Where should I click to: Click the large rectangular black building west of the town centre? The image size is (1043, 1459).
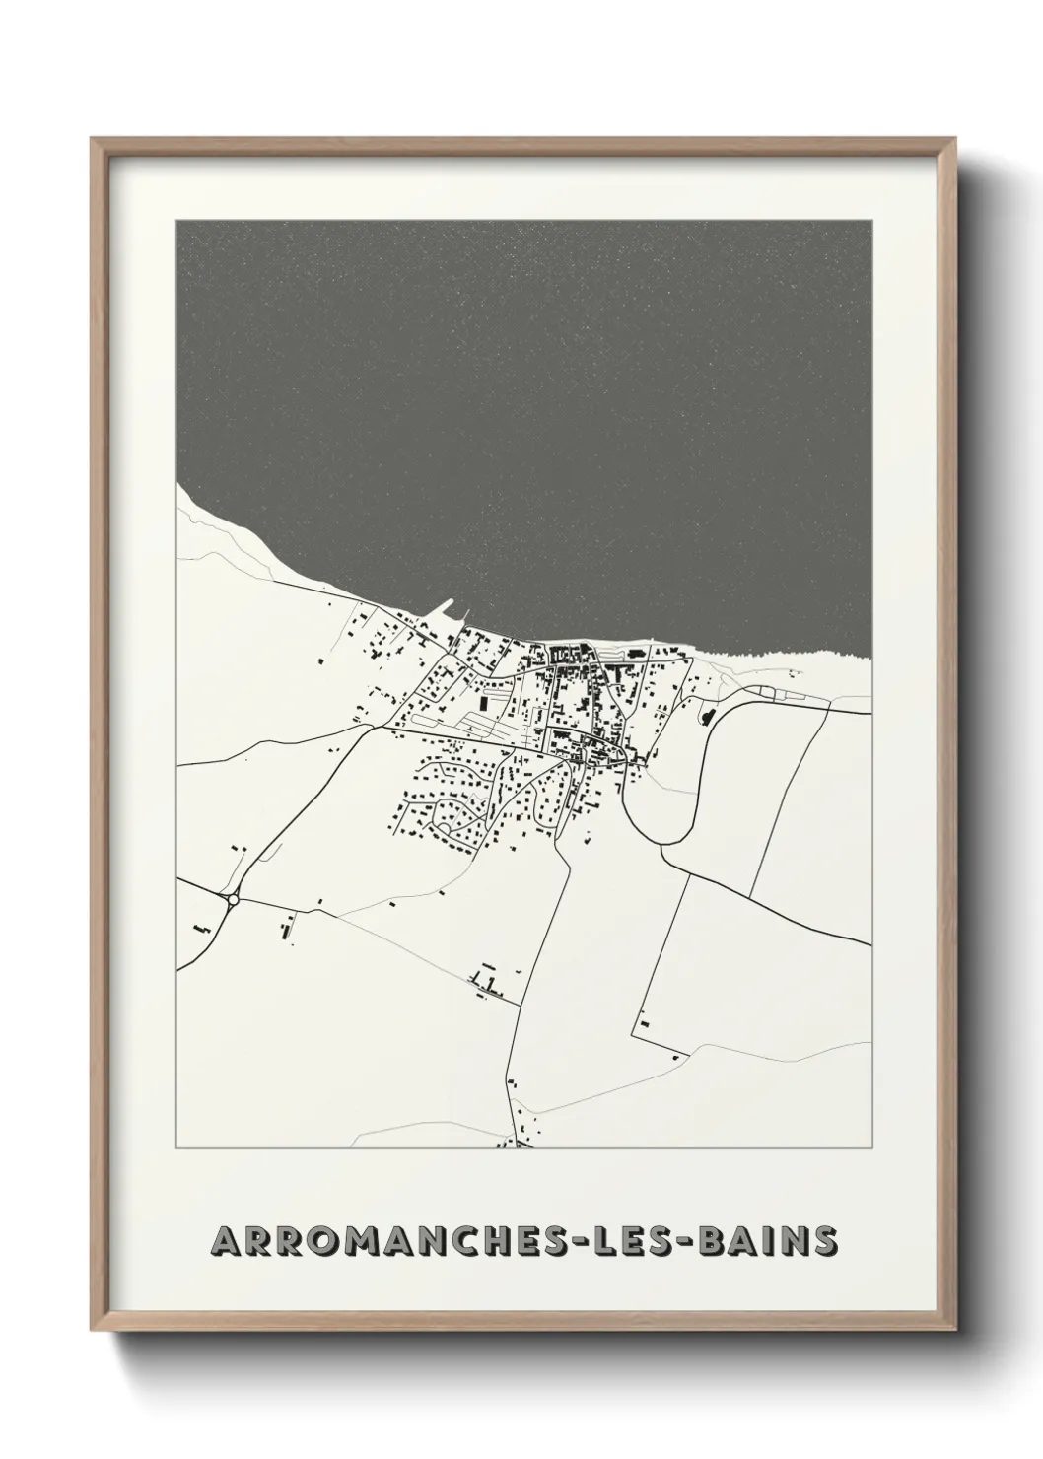coord(485,703)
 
